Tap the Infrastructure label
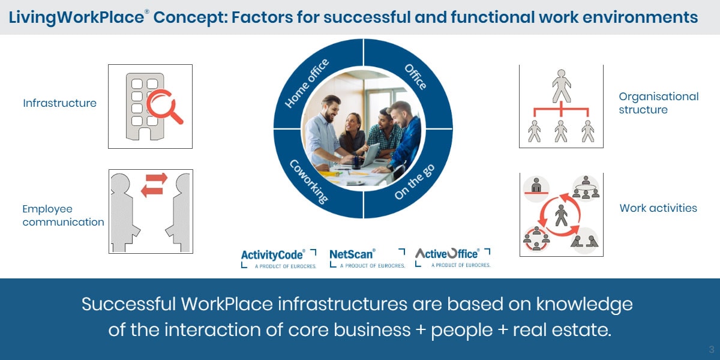point(60,103)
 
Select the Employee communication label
point(64,215)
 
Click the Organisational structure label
point(659,103)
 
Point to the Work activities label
point(658,208)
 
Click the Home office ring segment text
point(307,83)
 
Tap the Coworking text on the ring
point(309,182)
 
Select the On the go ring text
point(415,182)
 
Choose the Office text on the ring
point(416,77)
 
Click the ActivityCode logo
point(278,259)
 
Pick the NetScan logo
point(367,258)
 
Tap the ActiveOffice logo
point(452,257)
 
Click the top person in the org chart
point(562,86)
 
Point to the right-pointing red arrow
point(157,178)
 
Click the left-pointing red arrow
point(152,191)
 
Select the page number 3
point(712,349)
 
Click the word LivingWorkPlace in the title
point(77,17)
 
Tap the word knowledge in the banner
point(584,304)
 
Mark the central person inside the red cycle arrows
point(561,215)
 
